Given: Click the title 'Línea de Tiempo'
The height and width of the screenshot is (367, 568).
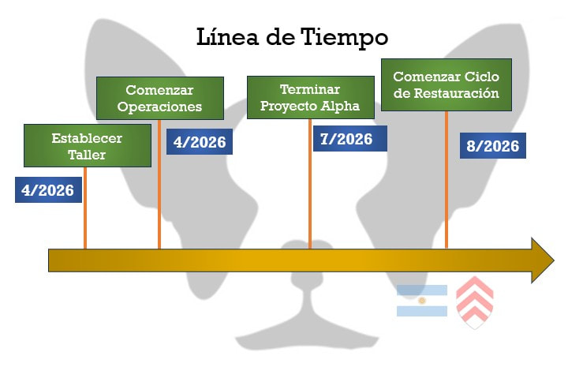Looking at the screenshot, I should pyautogui.click(x=292, y=37).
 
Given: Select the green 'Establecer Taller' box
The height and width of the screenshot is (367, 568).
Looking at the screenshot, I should pyautogui.click(x=88, y=146).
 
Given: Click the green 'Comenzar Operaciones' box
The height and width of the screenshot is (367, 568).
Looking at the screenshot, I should pyautogui.click(x=160, y=98).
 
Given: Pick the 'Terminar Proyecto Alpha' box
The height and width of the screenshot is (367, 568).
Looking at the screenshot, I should pyautogui.click(x=310, y=97).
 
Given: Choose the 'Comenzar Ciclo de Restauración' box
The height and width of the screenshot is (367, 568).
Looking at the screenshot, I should pyautogui.click(x=446, y=84).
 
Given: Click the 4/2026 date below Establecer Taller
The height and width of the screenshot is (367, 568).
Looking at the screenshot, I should pyautogui.click(x=49, y=189).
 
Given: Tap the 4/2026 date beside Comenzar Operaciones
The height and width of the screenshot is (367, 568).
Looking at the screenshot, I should pyautogui.click(x=200, y=142).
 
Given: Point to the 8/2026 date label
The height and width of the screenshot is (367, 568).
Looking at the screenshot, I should pyautogui.click(x=493, y=146).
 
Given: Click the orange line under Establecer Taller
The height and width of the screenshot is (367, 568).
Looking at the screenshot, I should pyautogui.click(x=84, y=209).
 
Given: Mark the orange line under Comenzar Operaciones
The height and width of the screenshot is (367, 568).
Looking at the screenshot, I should pyautogui.click(x=159, y=185).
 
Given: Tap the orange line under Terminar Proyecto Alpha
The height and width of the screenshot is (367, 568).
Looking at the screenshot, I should pyautogui.click(x=309, y=185).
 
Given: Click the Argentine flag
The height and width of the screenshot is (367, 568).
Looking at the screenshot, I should pyautogui.click(x=422, y=301).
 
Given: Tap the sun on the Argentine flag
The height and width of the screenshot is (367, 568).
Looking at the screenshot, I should pyautogui.click(x=422, y=301).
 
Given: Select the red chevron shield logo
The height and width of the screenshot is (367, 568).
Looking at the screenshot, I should pyautogui.click(x=475, y=302).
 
